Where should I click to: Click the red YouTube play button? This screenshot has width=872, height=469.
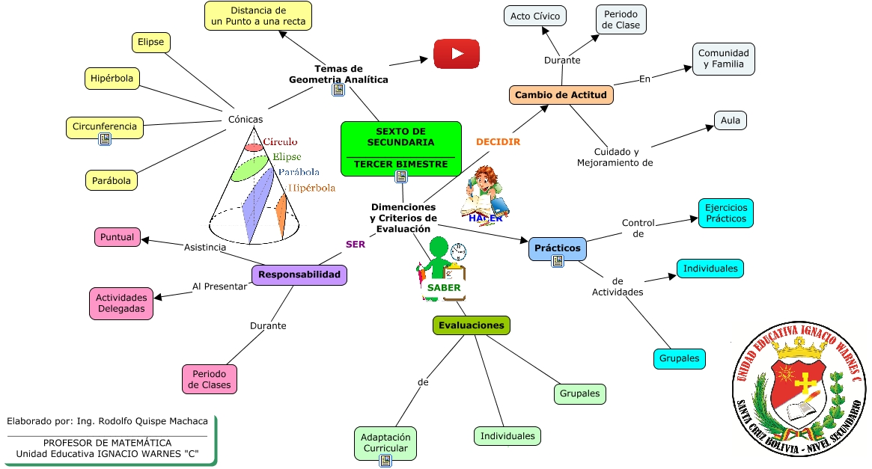[x=457, y=54]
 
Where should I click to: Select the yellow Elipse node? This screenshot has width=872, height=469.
[x=150, y=43]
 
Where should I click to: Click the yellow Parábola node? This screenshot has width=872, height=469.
[x=112, y=180]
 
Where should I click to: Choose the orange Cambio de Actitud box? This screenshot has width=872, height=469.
[x=561, y=95]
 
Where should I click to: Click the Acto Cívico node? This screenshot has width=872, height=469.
[x=535, y=16]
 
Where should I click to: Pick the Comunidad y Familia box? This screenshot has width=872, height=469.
[x=723, y=59]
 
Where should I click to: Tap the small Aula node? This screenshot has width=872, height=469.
[x=731, y=120]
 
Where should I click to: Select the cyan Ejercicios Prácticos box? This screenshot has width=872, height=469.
[x=725, y=213]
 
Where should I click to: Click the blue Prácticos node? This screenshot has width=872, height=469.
[x=558, y=248]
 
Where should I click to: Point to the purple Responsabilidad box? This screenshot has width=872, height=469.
[x=299, y=275]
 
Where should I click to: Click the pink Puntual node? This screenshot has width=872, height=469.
[x=118, y=237]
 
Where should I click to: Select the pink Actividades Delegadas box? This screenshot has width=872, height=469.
[x=121, y=304]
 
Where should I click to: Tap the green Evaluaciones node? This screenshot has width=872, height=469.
[x=472, y=325]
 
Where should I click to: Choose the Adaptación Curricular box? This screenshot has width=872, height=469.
[x=385, y=443]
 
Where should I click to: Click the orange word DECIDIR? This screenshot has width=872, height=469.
[x=498, y=141]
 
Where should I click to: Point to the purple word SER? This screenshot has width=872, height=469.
[x=356, y=244]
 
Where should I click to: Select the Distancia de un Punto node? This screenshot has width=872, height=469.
[x=258, y=16]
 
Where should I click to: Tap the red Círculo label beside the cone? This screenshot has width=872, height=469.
[x=280, y=141]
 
